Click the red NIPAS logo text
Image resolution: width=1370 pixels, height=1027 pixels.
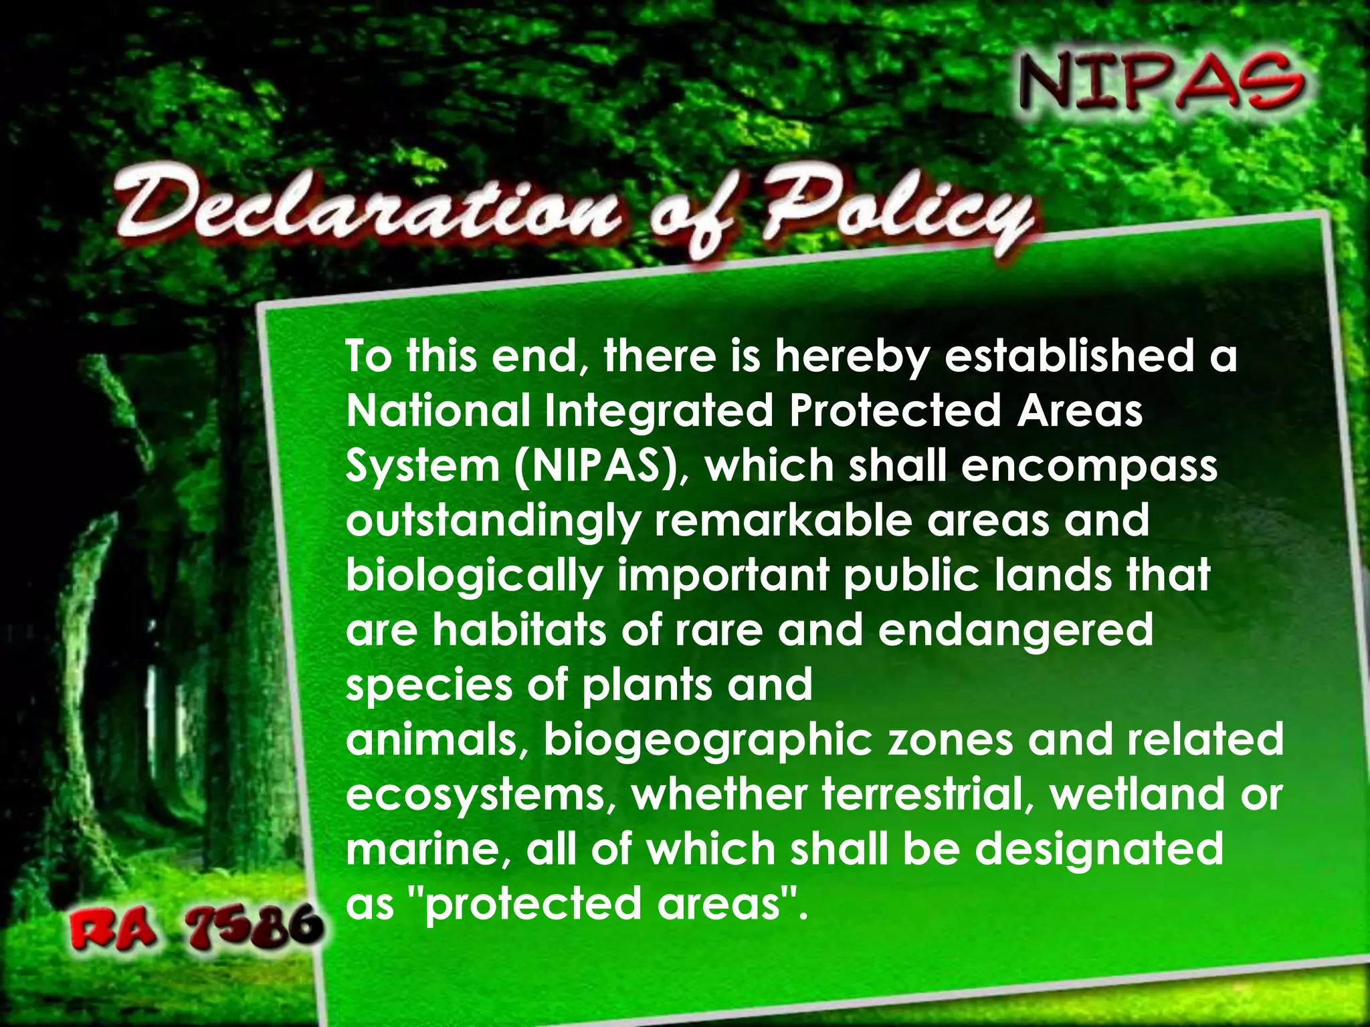click(1160, 83)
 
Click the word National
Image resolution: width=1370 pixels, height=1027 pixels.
click(437, 411)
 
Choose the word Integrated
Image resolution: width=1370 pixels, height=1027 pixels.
click(658, 411)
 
